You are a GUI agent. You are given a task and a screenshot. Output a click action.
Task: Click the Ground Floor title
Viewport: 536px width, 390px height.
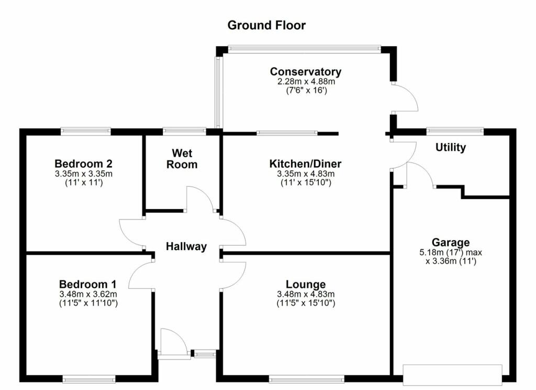266,25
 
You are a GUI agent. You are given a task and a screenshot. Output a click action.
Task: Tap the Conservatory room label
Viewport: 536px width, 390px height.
306,72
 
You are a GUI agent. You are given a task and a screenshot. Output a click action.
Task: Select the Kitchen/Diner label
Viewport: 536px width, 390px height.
305,164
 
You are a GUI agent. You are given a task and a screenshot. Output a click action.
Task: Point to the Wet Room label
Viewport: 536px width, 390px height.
182,158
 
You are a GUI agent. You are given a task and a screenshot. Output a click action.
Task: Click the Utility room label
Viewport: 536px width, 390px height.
451,148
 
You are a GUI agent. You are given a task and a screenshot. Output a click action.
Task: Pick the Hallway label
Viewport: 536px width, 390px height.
186,246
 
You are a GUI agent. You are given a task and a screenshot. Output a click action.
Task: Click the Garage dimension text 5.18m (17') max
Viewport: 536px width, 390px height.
451,253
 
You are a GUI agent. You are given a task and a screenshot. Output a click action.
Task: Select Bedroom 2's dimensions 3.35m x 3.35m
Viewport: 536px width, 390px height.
84,174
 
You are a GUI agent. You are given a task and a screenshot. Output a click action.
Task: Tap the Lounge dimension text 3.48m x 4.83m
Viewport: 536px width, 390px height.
306,294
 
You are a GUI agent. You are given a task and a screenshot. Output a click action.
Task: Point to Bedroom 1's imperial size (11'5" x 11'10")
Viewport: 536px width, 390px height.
88,303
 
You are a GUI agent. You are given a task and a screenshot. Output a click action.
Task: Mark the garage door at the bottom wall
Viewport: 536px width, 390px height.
453,375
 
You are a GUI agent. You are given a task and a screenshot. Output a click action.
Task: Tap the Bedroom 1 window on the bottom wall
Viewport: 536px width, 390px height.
89,378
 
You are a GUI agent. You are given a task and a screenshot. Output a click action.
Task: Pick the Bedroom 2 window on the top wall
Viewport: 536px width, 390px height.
86,131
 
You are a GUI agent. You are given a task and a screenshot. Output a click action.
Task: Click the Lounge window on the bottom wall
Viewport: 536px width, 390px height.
307,378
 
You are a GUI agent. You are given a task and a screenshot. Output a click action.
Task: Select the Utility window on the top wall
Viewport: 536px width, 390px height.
455,131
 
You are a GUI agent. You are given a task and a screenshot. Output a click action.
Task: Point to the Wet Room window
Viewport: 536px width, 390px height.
184,131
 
